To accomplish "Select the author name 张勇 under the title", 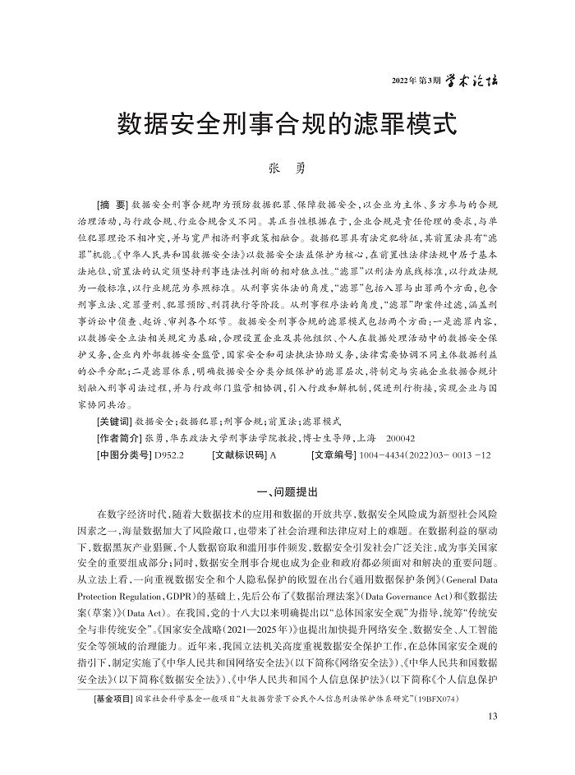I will [287, 168].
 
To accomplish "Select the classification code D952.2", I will [168, 454].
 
